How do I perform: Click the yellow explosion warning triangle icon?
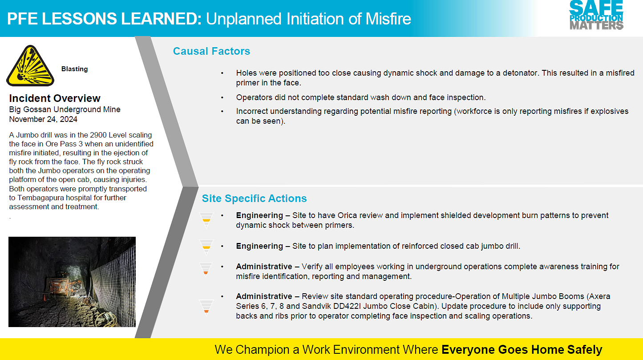30,66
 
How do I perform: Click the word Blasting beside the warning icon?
75,69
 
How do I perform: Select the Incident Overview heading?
55,98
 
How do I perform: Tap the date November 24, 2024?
43,119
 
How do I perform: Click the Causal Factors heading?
211,51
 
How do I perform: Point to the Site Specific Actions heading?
255,198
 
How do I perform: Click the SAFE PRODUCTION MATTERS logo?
596,15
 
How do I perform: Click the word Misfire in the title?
388,19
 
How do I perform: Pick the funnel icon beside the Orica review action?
206,220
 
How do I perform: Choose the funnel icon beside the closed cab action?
206,247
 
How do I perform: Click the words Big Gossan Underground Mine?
65,109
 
